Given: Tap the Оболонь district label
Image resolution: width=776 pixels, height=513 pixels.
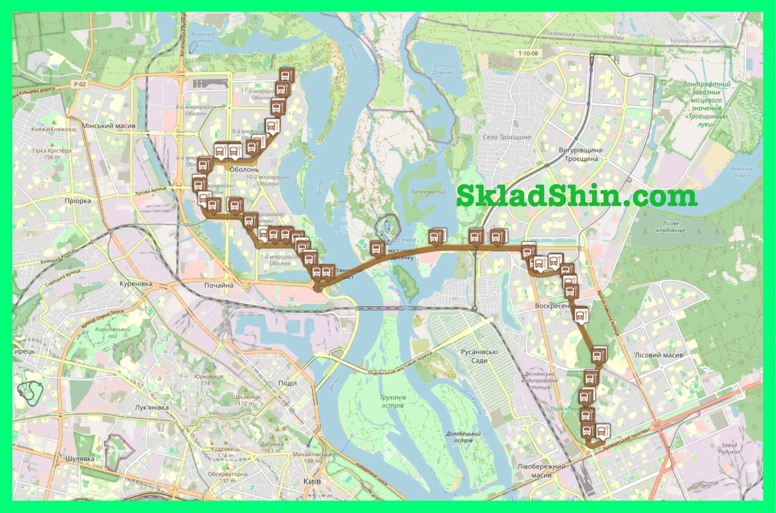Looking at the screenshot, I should [244, 169].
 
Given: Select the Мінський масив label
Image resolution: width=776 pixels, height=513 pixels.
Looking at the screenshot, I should [108, 126].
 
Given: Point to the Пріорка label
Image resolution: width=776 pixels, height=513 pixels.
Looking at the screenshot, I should [78, 201].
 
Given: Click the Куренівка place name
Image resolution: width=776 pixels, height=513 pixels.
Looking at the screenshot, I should [135, 284].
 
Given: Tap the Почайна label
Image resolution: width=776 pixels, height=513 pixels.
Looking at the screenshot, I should [219, 285].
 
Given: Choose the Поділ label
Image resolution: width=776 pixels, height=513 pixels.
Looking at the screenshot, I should [287, 383].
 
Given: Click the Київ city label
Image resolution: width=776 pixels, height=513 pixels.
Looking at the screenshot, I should [312, 481].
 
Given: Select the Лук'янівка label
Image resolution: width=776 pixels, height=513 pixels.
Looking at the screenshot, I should [152, 408].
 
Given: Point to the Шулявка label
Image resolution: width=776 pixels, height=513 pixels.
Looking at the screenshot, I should [80, 459].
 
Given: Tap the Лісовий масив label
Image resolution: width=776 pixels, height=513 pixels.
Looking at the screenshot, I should [659, 355].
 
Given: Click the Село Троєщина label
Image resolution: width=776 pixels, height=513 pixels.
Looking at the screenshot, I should [507, 137].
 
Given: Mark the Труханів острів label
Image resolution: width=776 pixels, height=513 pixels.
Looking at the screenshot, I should [393, 401].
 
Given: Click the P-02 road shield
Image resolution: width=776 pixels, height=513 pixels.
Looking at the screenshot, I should [80, 84].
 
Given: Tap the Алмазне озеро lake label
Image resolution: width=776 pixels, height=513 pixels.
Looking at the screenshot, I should [741, 172].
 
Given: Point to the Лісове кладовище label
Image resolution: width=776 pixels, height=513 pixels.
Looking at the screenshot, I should [671, 226].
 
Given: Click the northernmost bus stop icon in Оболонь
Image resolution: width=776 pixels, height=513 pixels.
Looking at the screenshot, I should [287, 75].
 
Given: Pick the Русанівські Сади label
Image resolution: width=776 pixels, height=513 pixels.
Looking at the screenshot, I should [479, 356].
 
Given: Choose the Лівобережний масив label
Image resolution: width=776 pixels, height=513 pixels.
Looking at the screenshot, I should [541, 471].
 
